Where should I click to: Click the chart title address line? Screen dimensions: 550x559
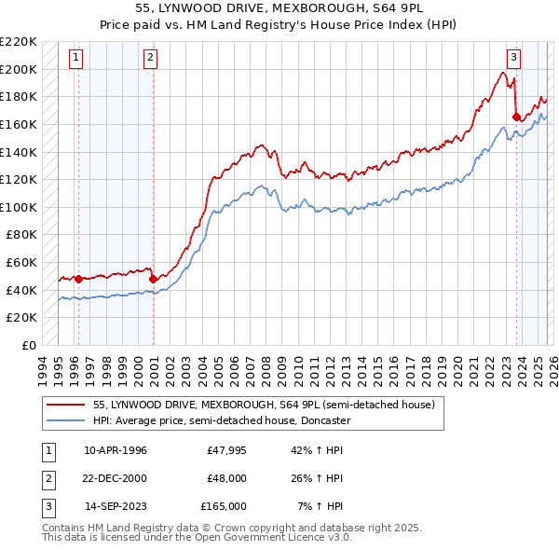pos(279,8)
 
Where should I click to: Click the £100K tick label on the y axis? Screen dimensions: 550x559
pos(20,207)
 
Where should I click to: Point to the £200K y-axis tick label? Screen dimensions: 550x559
pos(20,69)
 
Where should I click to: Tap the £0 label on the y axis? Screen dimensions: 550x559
pos(28,345)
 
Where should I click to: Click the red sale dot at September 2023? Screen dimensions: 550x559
pos(516,117)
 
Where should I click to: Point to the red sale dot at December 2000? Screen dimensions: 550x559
pos(153,278)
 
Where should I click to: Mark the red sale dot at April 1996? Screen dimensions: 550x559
pos(78,278)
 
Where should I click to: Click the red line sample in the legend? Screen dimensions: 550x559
pos(66,405)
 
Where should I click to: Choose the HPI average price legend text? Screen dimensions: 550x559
pos(221,420)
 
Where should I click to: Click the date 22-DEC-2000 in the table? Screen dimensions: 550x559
pos(116,478)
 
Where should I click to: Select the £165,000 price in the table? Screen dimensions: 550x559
pos(224,506)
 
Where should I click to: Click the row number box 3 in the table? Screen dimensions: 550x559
pos(48,506)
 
